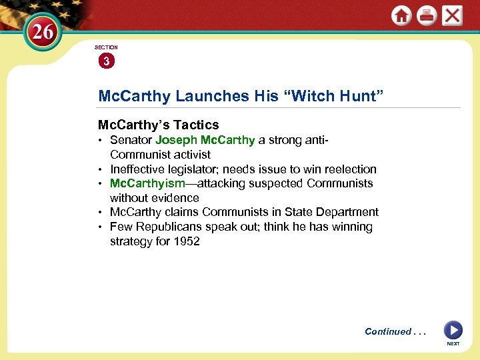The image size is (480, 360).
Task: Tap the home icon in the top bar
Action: coord(401,16)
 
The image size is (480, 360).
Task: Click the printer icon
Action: coord(427,16)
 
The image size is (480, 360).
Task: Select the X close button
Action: coord(452,16)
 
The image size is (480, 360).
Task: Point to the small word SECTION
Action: coord(105,48)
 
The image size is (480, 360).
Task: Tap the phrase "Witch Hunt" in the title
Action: coord(336,96)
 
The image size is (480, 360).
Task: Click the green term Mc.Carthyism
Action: coord(147,183)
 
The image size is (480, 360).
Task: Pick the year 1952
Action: coord(186,241)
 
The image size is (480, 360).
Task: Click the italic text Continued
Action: coord(387,331)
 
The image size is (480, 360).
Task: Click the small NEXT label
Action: coord(453,344)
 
